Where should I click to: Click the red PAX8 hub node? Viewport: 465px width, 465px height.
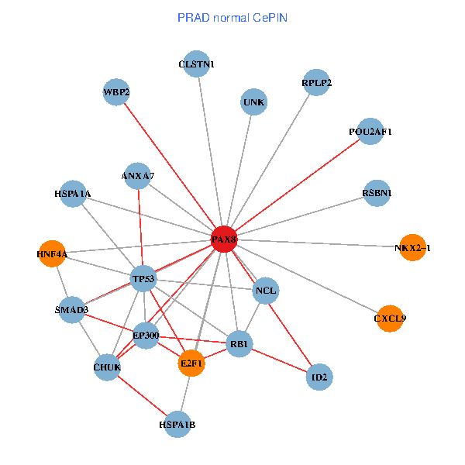click(224, 240)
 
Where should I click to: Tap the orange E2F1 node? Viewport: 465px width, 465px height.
click(191, 363)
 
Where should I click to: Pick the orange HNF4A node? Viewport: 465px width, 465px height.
click(52, 253)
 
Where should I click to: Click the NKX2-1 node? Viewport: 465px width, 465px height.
click(413, 247)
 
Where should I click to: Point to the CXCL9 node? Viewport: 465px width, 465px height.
click(391, 318)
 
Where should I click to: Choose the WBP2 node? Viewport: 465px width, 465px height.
click(116, 92)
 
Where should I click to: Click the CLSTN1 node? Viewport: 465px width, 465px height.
click(197, 64)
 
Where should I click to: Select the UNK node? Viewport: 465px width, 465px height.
click(254, 102)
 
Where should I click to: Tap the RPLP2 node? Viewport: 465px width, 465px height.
click(317, 82)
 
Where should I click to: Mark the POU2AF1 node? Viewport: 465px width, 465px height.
click(370, 132)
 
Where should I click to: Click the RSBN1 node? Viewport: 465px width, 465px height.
click(377, 192)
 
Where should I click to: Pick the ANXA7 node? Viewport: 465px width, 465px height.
click(138, 176)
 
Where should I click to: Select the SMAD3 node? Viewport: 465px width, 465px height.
click(71, 310)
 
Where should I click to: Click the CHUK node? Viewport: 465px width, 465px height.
click(108, 367)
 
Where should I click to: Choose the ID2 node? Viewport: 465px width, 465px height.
click(319, 378)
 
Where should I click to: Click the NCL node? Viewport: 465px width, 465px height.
click(265, 291)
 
